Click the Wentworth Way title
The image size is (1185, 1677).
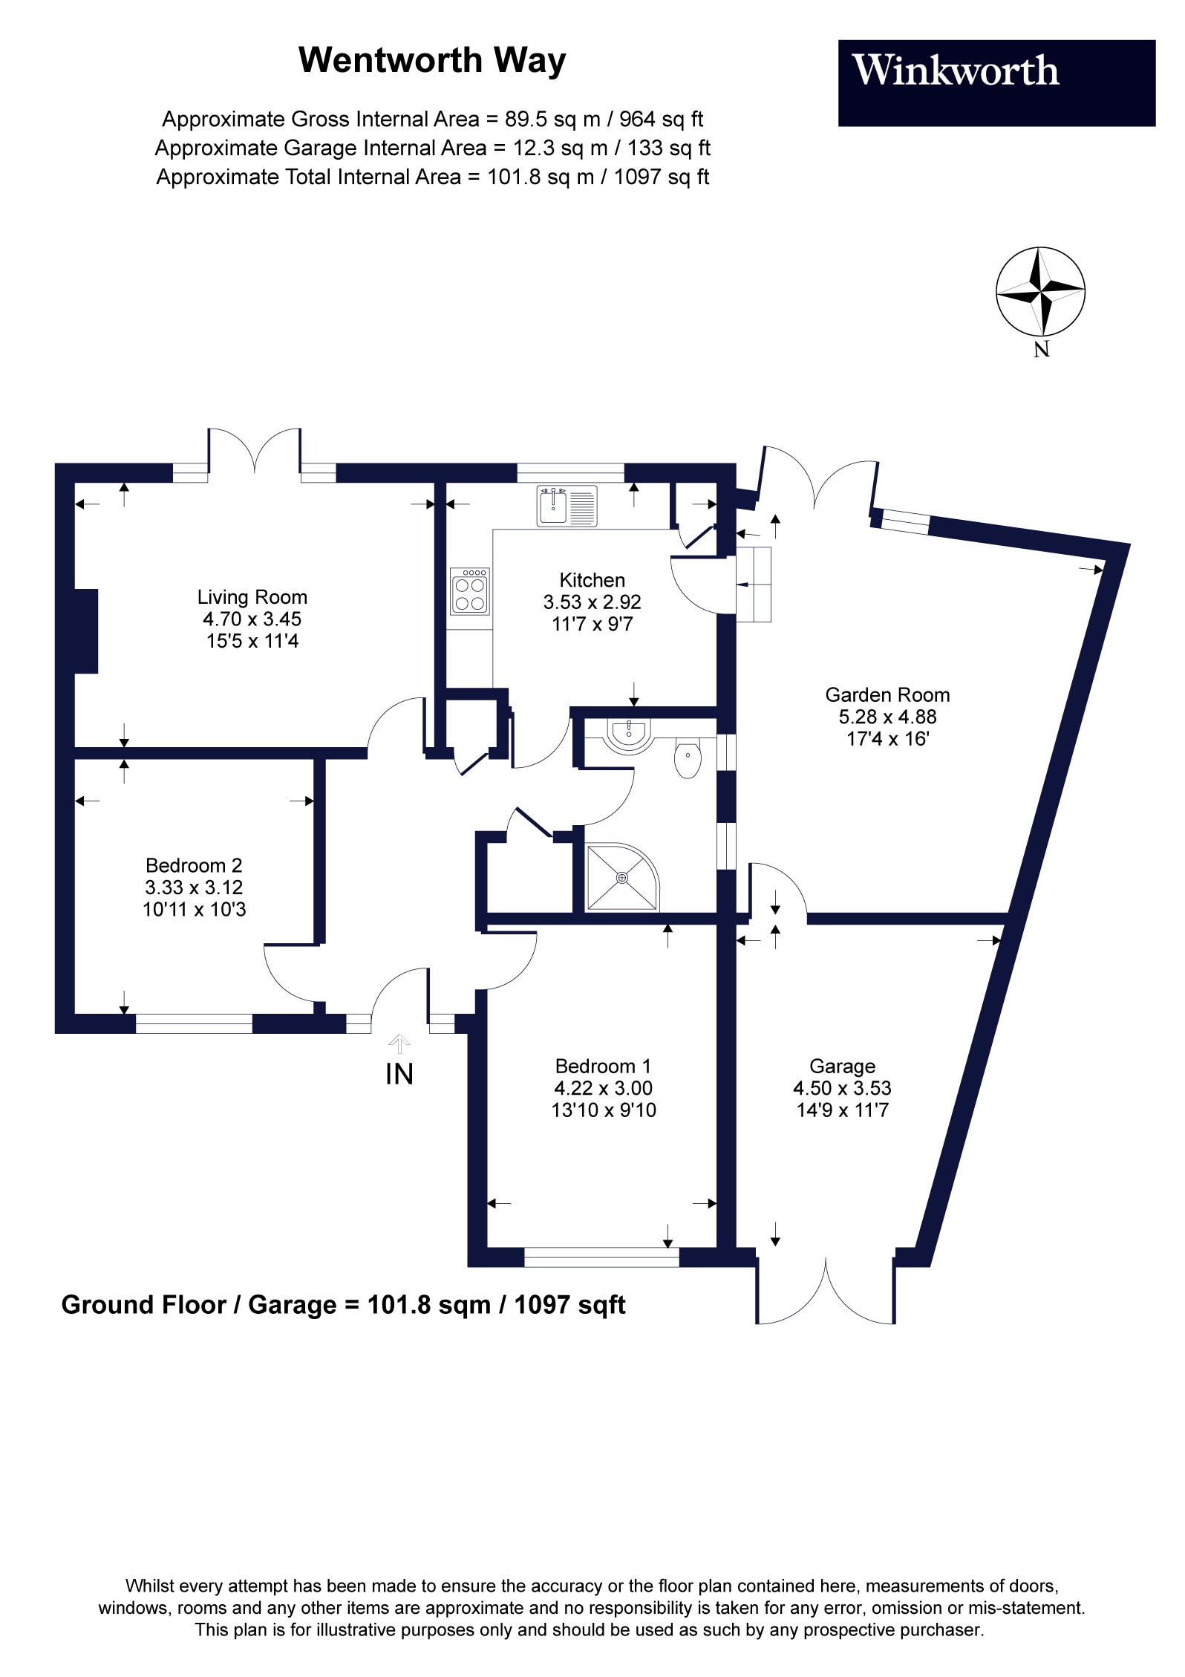[432, 60]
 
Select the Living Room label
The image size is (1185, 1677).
[252, 596]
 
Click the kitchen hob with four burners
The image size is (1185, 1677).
[469, 591]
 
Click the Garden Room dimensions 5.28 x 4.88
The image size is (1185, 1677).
[887, 717]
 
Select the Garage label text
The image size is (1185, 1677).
[842, 1066]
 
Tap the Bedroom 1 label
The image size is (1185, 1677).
[603, 1066]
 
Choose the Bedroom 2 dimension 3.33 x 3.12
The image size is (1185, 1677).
[194, 887]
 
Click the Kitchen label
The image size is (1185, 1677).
[592, 580]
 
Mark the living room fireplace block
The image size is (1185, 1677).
[86, 631]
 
